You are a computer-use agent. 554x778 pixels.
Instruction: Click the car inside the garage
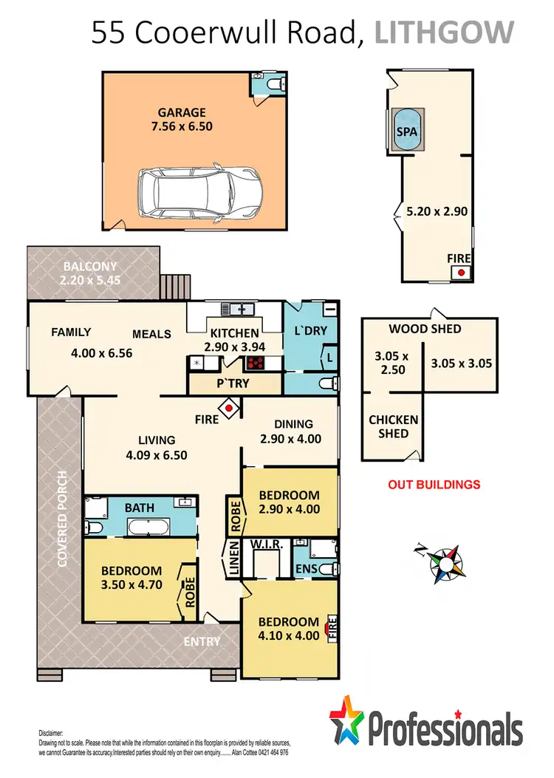(199, 191)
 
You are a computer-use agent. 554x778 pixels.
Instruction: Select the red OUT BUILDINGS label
(434, 485)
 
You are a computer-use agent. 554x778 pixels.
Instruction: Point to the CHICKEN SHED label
(393, 426)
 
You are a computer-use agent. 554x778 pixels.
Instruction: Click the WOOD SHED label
(425, 329)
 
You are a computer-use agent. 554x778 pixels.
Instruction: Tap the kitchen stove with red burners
(256, 363)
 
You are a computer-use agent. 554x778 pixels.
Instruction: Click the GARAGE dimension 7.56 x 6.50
(181, 126)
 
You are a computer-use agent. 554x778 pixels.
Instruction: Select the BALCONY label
(89, 266)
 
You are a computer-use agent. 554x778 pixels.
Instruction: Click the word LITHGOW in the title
(443, 33)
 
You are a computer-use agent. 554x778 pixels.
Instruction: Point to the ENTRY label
(202, 641)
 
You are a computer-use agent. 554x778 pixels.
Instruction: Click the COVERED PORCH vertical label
(63, 518)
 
